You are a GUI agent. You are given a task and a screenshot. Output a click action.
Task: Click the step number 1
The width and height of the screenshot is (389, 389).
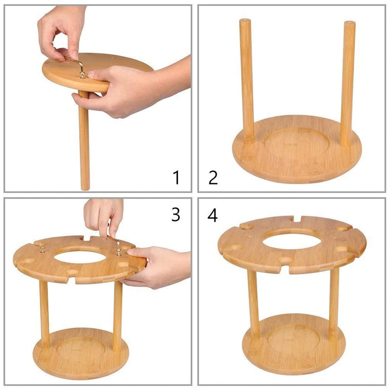click(x=176, y=177)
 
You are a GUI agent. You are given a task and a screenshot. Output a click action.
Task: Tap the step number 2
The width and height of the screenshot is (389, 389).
click(x=213, y=177)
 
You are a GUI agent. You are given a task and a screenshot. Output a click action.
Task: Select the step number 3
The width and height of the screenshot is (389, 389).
click(x=176, y=215)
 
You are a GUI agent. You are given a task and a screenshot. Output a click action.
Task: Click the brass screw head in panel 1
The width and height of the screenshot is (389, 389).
click(x=83, y=75)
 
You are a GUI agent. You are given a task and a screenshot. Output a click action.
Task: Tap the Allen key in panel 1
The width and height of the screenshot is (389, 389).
click(x=74, y=62)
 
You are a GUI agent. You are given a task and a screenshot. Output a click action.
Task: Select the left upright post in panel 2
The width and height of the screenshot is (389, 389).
click(x=246, y=81)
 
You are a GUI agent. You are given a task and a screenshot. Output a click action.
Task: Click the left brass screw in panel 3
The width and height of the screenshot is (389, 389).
click(x=43, y=249)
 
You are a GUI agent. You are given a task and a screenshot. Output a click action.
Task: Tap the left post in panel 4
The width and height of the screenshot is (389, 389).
click(x=253, y=303)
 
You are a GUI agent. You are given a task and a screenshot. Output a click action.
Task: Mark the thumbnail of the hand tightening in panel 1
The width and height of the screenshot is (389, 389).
click(x=75, y=54)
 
